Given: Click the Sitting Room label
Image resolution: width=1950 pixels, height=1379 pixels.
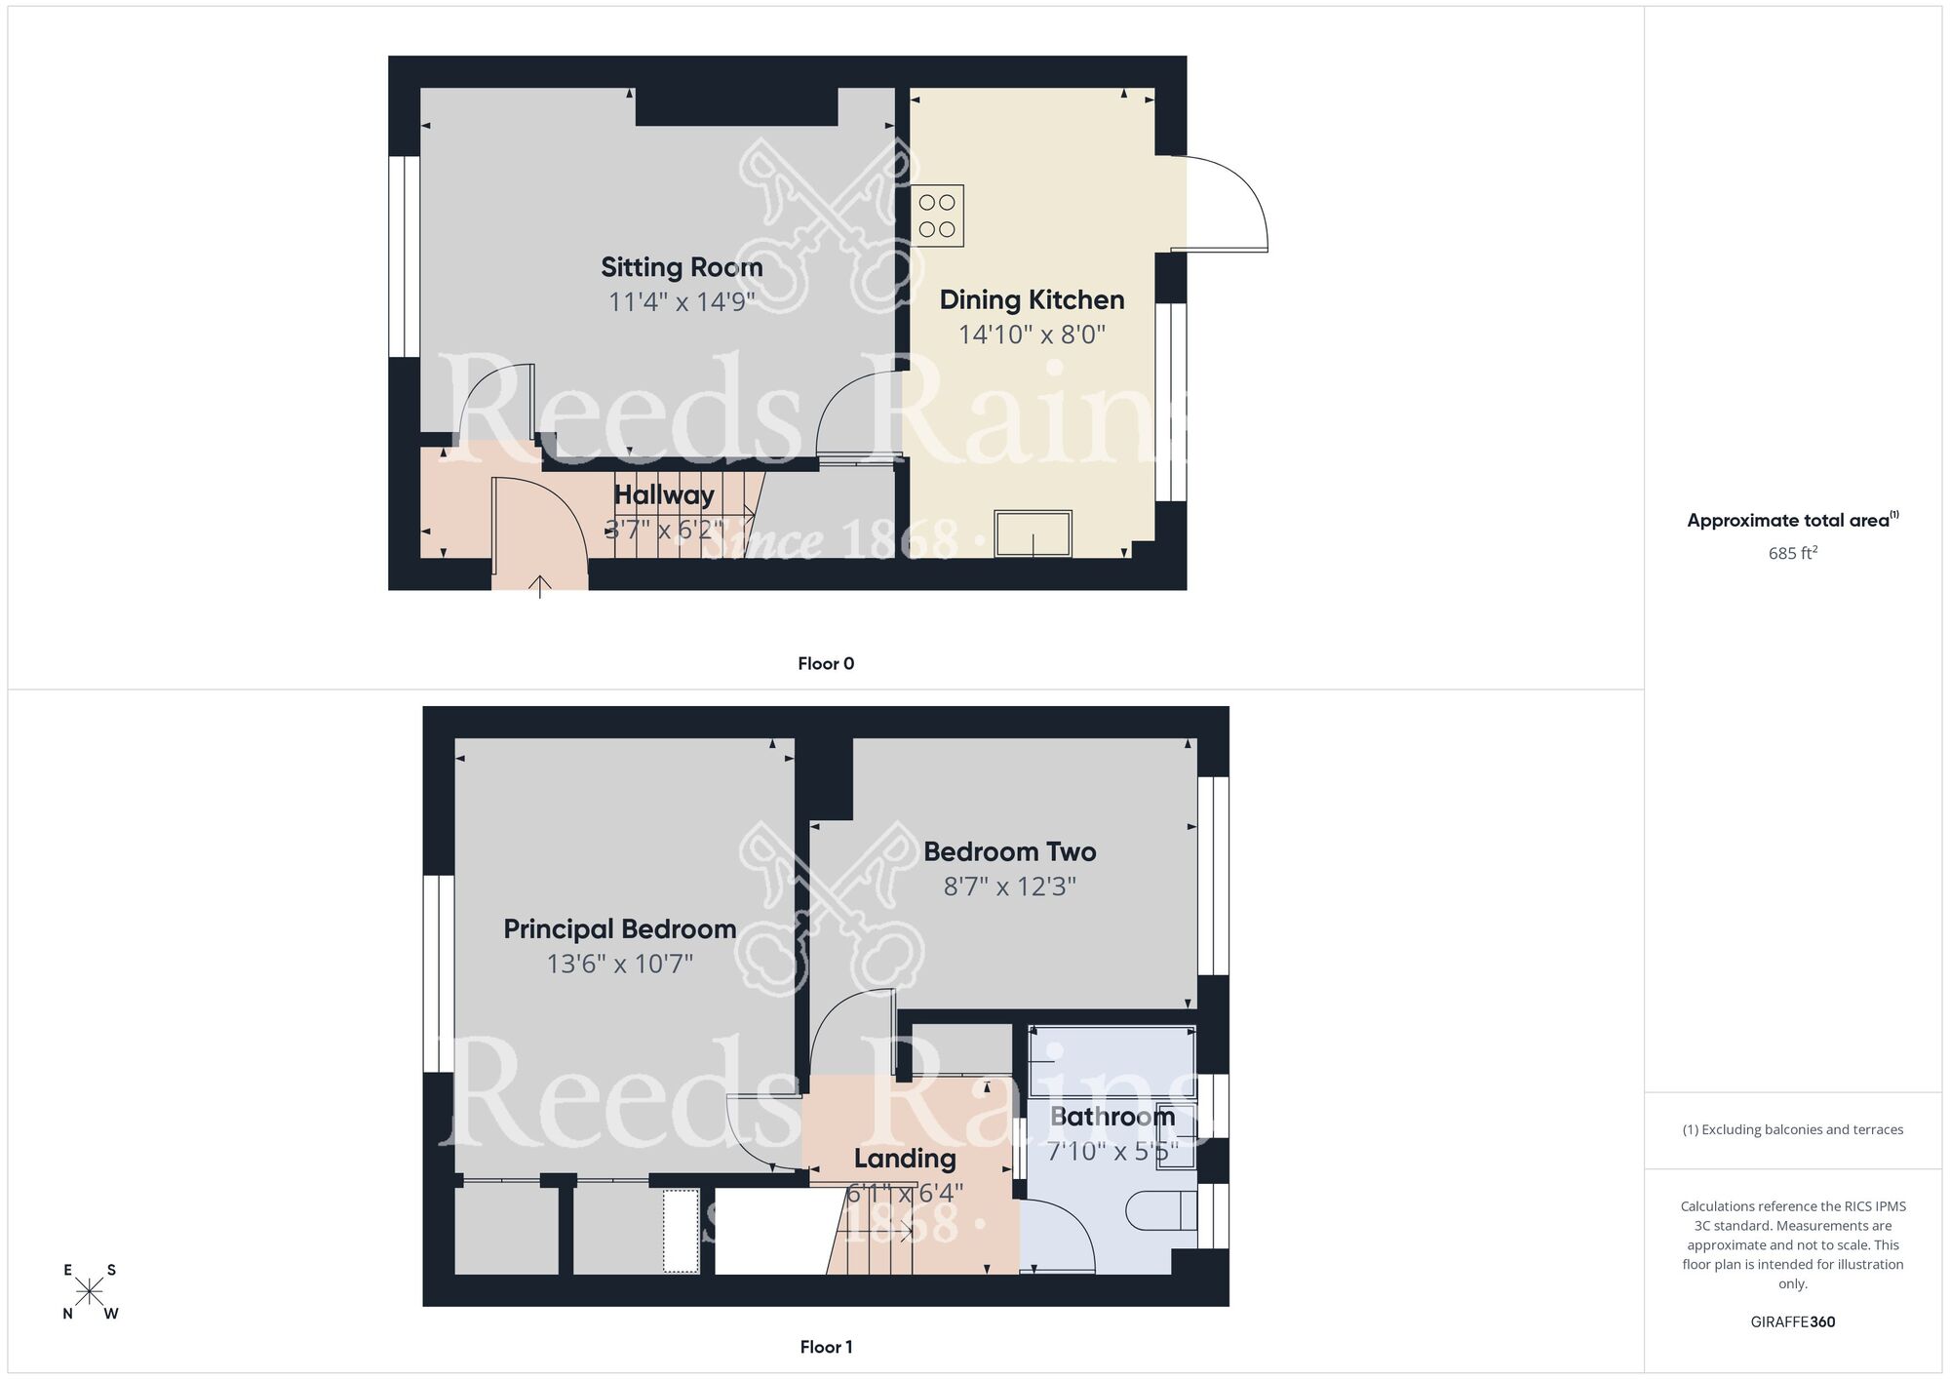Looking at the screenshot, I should tap(681, 267).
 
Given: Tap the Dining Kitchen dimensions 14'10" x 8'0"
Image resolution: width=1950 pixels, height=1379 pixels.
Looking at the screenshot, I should tap(1032, 335).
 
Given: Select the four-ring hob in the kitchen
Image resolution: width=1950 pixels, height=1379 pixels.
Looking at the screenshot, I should tap(938, 216).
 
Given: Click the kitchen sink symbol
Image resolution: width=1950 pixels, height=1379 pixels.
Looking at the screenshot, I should tap(1033, 533).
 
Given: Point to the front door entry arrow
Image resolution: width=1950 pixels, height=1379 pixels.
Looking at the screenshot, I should tap(539, 586).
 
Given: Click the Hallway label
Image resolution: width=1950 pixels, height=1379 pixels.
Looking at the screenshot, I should tap(664, 495).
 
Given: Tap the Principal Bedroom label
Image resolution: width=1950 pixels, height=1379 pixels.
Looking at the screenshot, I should tap(619, 929).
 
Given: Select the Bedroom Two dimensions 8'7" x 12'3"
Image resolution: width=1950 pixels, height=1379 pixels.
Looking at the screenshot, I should tap(1009, 886).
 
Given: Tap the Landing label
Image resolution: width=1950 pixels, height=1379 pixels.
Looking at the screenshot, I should tap(905, 1159).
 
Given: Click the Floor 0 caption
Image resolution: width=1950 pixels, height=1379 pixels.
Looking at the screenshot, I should tap(826, 664).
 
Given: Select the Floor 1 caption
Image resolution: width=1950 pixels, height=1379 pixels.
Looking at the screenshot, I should tap(826, 1347).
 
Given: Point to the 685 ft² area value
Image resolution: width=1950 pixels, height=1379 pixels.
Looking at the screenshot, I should tap(1792, 553).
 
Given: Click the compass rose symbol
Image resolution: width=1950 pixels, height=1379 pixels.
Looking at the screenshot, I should tap(90, 1292).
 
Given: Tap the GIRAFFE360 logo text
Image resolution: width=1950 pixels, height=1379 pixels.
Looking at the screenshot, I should tap(1792, 1322).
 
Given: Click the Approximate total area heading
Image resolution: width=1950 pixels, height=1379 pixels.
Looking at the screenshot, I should tap(1792, 520).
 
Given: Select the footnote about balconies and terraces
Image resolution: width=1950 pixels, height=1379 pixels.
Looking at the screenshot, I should tap(1792, 1129).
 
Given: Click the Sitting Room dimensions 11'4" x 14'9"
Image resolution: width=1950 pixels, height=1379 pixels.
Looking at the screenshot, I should tap(682, 301).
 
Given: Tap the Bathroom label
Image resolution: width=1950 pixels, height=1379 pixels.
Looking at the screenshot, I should tap(1111, 1117).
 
